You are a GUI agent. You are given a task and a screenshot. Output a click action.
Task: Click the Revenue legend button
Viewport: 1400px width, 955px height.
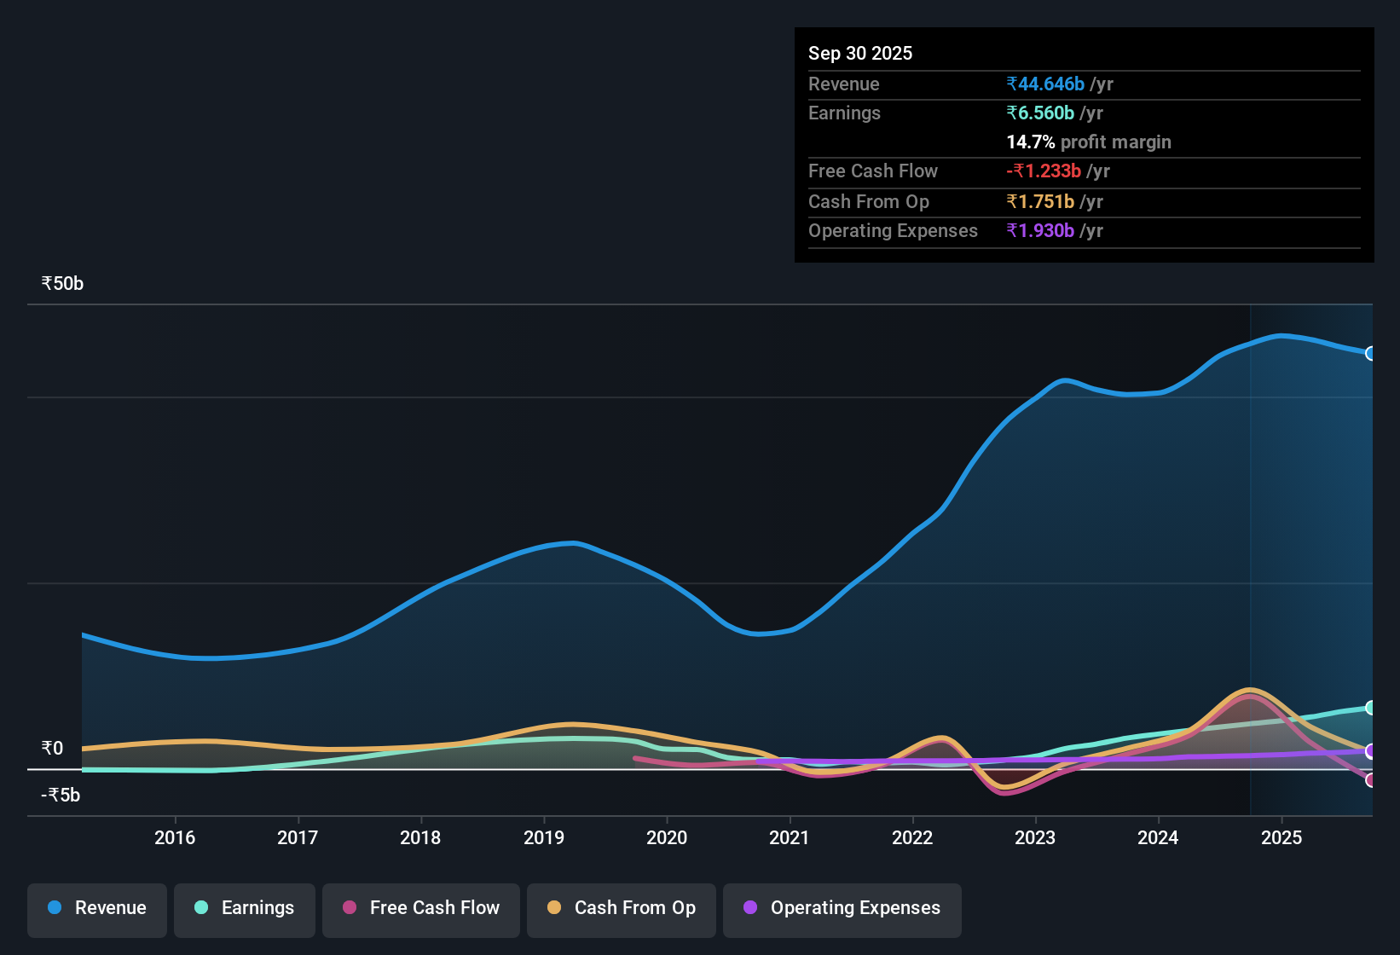(x=97, y=908)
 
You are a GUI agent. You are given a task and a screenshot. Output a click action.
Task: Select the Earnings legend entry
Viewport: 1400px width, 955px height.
(x=245, y=908)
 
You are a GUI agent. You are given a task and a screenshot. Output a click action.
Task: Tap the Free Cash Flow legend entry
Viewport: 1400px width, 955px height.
(x=421, y=908)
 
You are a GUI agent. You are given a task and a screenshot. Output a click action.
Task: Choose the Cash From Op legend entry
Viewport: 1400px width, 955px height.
(x=622, y=908)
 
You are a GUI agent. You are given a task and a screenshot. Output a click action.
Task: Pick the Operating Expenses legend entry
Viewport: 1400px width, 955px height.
(x=842, y=908)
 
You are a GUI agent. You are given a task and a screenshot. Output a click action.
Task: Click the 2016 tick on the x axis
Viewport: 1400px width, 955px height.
(x=175, y=837)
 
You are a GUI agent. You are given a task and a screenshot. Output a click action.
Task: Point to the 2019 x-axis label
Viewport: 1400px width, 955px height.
(x=544, y=837)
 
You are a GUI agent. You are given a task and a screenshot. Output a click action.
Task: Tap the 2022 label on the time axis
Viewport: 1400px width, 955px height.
(x=912, y=837)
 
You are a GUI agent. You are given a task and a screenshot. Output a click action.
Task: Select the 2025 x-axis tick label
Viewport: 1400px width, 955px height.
(x=1281, y=837)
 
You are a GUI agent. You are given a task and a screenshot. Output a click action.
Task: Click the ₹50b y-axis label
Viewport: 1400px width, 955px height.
(x=62, y=284)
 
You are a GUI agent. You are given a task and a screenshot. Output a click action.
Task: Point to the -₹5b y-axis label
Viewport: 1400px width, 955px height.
(x=61, y=796)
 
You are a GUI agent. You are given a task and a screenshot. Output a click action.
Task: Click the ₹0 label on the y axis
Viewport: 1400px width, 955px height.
(x=53, y=749)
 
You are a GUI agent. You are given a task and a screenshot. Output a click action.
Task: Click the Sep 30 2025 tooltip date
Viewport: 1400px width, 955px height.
(x=860, y=53)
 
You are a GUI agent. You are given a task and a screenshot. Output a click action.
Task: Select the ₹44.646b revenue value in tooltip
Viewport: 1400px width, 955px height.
(x=1045, y=84)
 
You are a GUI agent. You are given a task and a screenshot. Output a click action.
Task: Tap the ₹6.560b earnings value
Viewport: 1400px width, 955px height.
(x=1040, y=113)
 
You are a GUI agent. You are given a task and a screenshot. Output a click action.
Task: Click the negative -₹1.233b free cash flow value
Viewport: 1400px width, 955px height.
(x=1044, y=171)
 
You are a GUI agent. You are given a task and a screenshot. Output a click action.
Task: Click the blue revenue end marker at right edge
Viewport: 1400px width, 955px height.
(x=1370, y=353)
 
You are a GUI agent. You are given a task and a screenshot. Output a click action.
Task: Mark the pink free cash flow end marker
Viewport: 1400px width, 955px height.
(x=1370, y=780)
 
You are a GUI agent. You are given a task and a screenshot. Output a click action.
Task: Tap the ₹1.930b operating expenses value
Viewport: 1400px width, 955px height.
(x=1040, y=230)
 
